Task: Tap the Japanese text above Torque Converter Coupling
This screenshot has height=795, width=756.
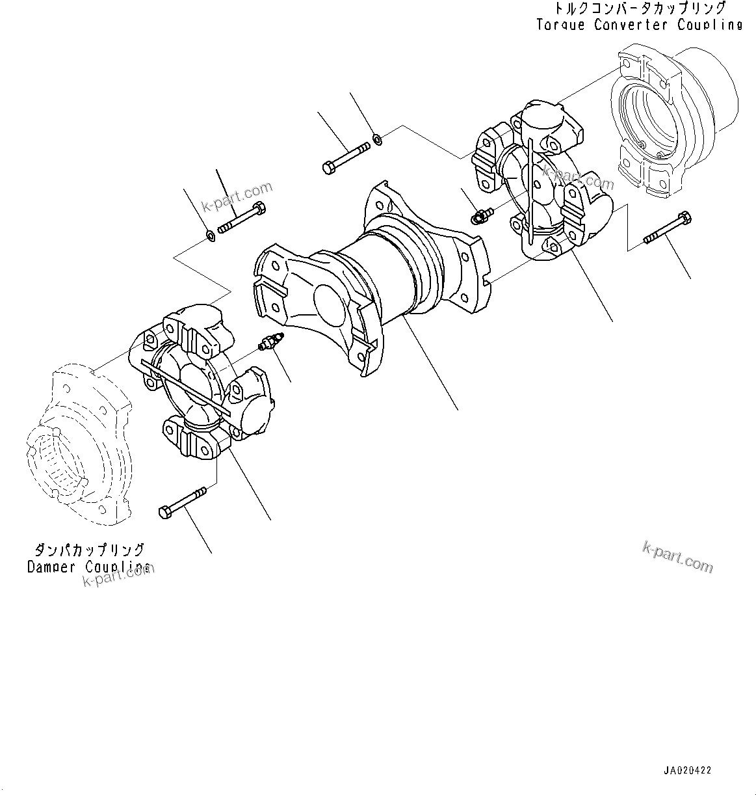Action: tap(639, 9)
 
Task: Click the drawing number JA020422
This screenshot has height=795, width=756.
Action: tap(688, 770)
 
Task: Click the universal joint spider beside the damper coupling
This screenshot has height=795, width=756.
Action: tap(202, 384)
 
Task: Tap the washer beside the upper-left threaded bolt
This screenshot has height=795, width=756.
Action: tap(211, 235)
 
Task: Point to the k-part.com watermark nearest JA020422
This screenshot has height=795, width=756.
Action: tap(677, 557)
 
